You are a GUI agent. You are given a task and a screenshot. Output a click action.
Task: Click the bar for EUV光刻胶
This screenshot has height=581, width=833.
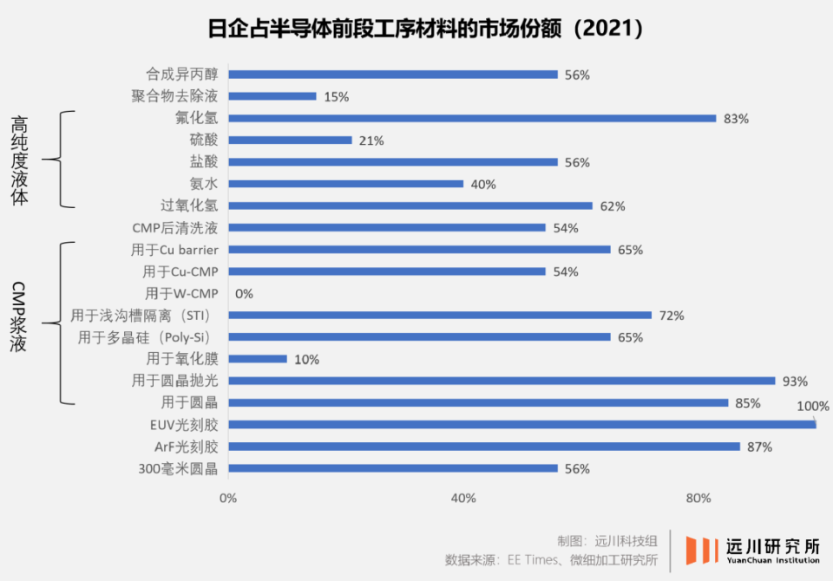tap(521, 424)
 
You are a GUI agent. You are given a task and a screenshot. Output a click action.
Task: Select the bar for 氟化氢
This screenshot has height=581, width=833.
tap(472, 118)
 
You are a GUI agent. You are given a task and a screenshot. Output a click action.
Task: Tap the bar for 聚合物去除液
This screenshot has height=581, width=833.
tap(272, 96)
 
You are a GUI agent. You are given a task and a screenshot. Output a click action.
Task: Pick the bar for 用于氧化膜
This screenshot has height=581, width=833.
tap(258, 358)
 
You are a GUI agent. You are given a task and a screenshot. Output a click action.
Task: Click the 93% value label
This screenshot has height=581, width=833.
tap(795, 381)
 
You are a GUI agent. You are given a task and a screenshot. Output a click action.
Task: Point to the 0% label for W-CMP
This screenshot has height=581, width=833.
tap(244, 293)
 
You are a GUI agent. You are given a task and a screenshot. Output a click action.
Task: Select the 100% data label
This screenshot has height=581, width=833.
tap(813, 406)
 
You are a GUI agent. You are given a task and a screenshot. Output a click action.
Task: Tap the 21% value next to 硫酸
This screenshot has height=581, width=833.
tap(371, 140)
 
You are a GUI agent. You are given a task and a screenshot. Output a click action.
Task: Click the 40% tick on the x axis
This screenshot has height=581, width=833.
tap(463, 498)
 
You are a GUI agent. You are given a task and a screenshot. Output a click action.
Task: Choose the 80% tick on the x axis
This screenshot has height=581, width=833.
tap(699, 498)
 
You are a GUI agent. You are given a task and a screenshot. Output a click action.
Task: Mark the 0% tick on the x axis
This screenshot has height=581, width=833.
tap(227, 498)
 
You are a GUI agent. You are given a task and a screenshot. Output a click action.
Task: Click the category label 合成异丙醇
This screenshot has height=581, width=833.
tap(182, 75)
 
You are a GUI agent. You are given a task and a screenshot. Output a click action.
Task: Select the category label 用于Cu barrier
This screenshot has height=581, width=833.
tap(174, 250)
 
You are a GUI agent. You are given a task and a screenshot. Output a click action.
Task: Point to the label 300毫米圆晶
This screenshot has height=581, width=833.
tap(178, 468)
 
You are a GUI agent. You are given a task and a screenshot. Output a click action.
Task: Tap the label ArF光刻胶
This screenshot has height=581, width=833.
tap(186, 447)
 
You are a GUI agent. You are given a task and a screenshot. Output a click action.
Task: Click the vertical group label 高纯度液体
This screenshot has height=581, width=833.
tap(20, 161)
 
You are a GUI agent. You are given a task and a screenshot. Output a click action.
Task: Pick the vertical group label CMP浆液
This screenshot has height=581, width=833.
tap(20, 317)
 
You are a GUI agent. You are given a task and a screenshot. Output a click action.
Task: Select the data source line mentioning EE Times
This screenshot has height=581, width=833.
tap(552, 560)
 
